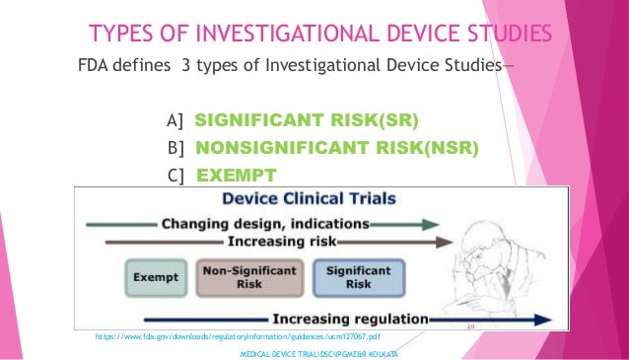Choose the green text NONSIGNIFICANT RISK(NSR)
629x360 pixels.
(x=337, y=149)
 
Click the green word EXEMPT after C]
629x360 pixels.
(x=237, y=177)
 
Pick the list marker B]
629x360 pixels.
(x=177, y=149)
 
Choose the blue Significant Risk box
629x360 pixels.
(x=345, y=275)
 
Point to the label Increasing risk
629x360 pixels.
(x=281, y=240)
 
